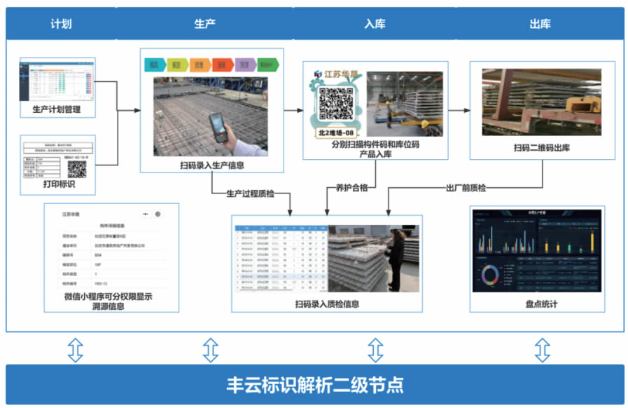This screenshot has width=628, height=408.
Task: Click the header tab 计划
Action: [x=61, y=24]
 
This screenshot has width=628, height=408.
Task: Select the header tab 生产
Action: [x=204, y=24]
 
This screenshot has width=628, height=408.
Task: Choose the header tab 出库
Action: [x=540, y=24]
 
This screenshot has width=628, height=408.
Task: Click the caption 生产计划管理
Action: [x=57, y=110]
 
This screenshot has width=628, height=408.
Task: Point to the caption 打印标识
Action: [x=57, y=184]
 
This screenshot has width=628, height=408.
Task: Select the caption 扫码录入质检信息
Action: [x=327, y=304]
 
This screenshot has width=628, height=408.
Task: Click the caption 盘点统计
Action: [x=541, y=304]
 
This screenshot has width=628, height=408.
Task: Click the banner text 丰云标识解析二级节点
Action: [x=314, y=385]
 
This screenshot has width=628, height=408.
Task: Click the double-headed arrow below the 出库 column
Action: [x=541, y=349]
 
